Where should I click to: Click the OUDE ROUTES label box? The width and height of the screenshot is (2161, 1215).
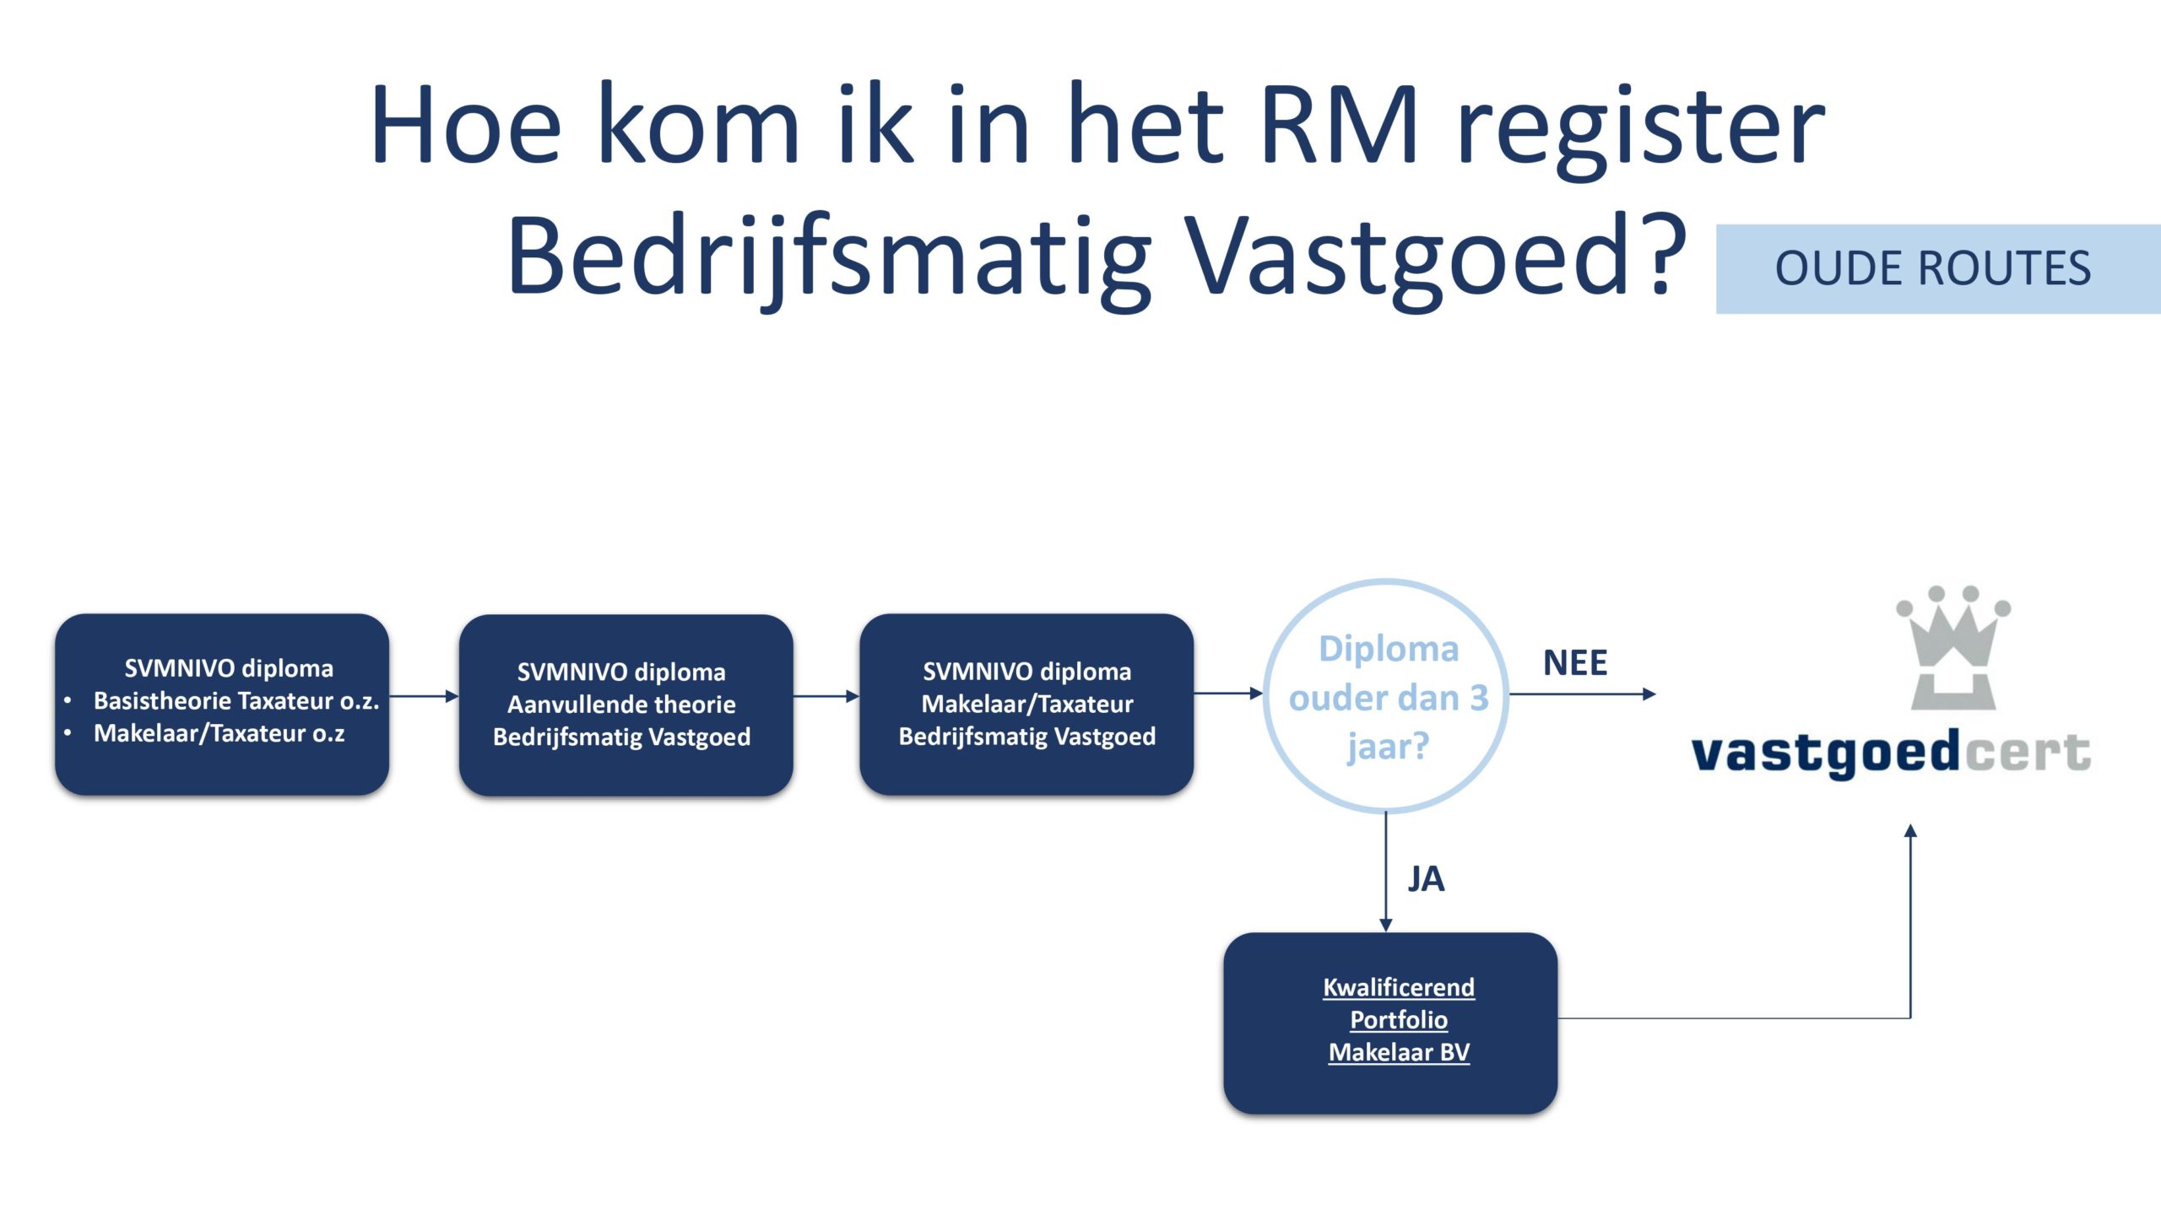[1938, 269]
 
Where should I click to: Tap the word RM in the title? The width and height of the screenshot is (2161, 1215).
[1338, 125]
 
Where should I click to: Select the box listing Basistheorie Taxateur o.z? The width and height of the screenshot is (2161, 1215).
[222, 704]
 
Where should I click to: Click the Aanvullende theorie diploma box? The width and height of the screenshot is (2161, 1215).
[626, 705]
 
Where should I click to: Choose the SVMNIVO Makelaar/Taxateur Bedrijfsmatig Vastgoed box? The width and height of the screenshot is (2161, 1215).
[1026, 704]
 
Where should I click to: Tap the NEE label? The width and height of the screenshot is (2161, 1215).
[1575, 662]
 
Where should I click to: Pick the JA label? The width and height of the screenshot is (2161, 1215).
[1426, 879]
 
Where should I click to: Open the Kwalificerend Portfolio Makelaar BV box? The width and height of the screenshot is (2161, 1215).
[1390, 1023]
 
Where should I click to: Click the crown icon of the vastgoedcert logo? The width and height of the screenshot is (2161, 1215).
[1953, 647]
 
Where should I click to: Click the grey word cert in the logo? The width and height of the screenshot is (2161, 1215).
[2027, 752]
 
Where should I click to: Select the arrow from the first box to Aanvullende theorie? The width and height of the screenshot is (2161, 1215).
[424, 696]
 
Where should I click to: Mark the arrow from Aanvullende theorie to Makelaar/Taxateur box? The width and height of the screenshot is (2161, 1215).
[826, 696]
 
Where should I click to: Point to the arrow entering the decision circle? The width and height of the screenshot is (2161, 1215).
[1228, 694]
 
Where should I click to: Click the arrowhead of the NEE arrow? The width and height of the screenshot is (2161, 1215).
[1649, 694]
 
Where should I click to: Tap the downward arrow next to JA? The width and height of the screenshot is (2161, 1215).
[1385, 872]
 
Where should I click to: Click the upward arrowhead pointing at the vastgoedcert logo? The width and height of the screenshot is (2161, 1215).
[1910, 830]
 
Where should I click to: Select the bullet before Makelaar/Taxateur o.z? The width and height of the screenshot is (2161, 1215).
[68, 732]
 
